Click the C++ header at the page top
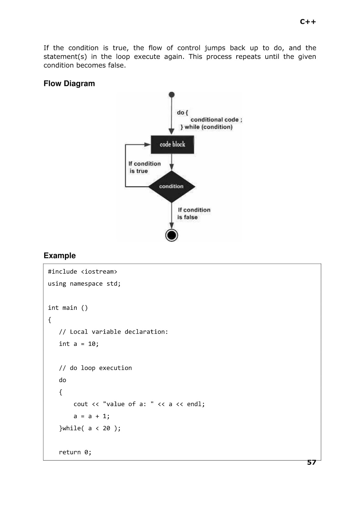point(308,22)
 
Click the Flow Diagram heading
point(69,83)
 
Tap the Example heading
point(59,255)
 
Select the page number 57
point(311,462)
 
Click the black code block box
point(172,144)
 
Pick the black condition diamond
point(171,186)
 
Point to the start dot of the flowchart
point(171,94)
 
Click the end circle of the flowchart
point(171,235)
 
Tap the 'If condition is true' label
point(144,167)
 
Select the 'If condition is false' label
point(194,213)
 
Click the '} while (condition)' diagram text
point(206,127)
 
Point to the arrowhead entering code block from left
point(148,144)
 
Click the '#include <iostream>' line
point(82,272)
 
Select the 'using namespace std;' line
point(84,284)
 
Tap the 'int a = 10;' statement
point(79,344)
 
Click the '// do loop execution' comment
point(95,368)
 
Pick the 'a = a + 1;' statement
point(91,416)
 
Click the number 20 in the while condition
point(106,428)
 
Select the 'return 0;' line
point(75,452)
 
